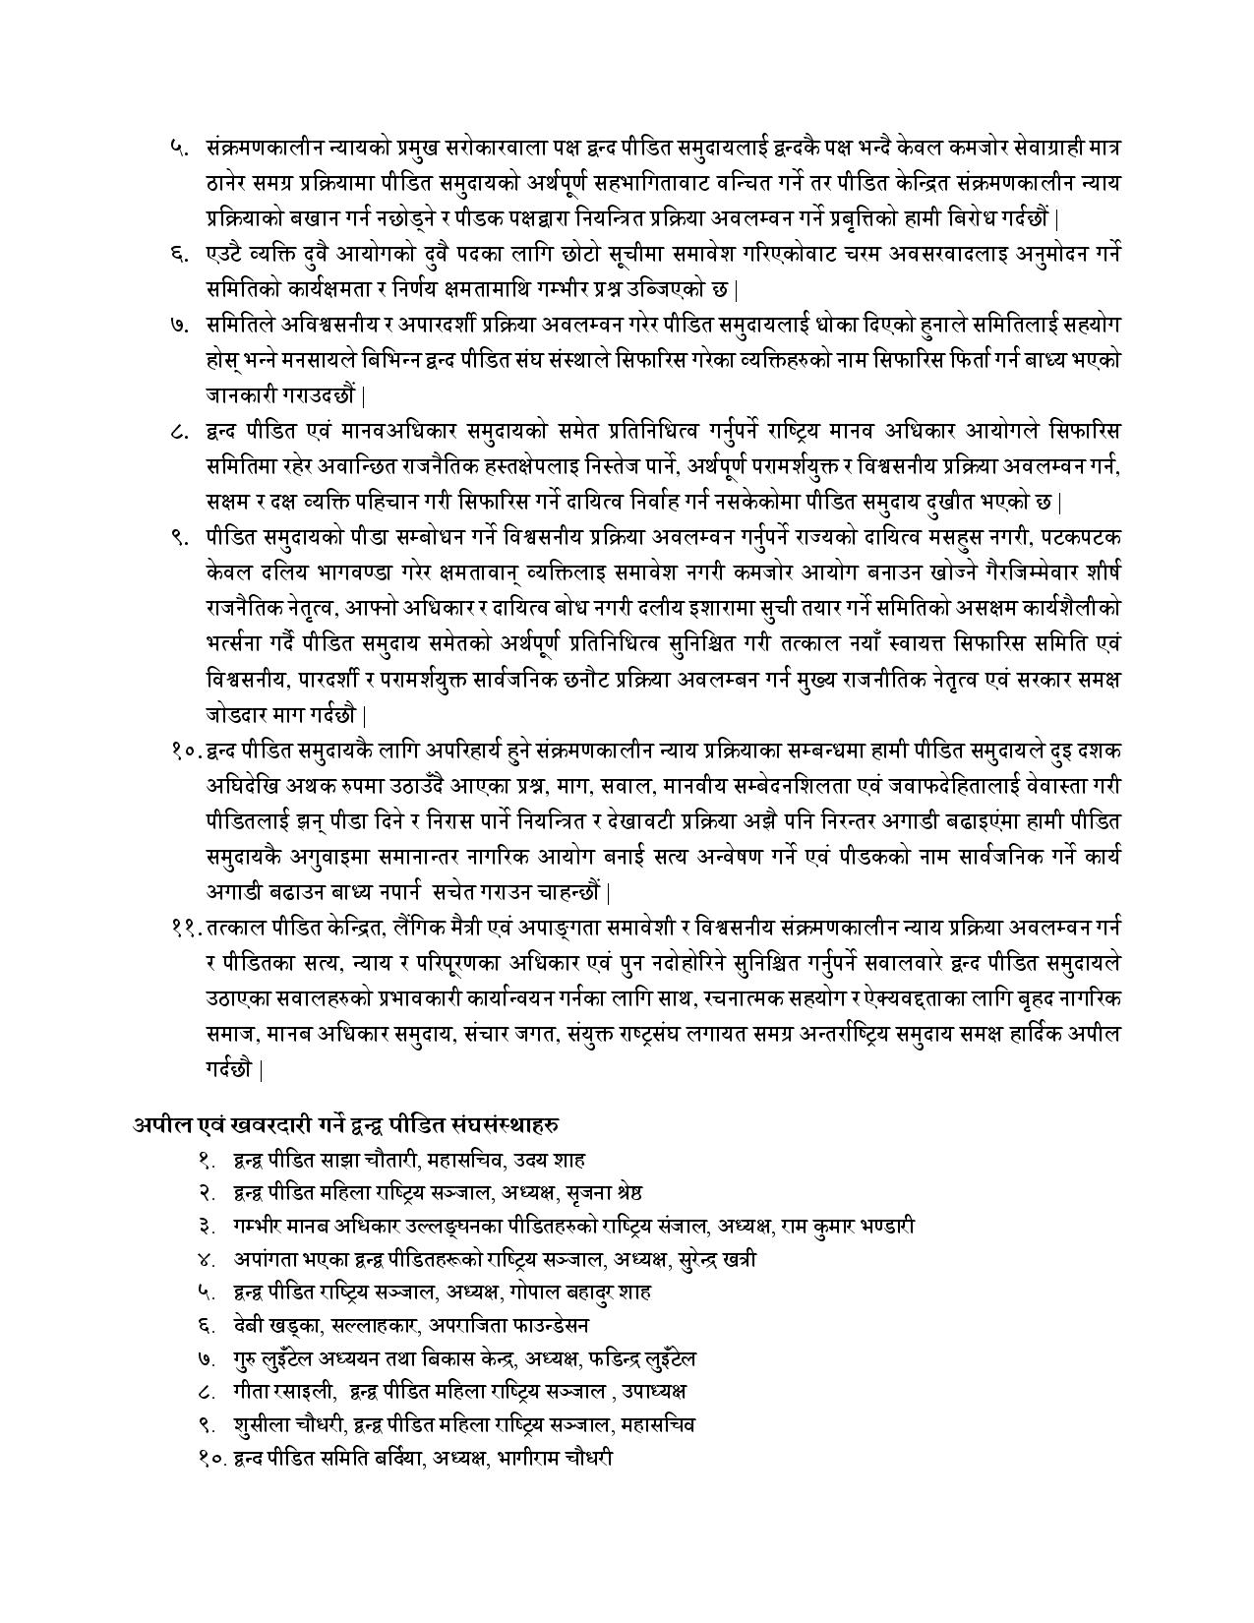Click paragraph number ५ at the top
pos(178,148)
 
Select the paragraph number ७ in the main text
pos(178,325)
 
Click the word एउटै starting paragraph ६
pos(227,254)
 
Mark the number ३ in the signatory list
pos(206,1226)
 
